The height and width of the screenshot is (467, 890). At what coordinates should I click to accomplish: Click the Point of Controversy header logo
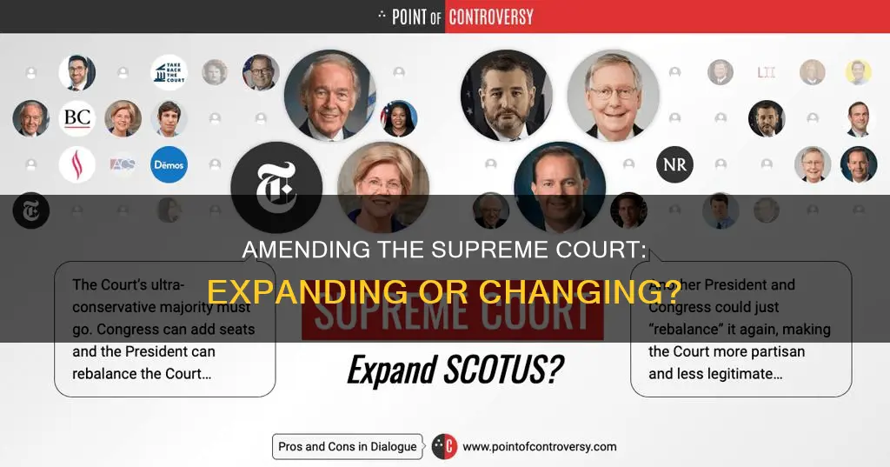[x=455, y=16]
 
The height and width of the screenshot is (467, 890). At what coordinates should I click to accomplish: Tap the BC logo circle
[x=77, y=118]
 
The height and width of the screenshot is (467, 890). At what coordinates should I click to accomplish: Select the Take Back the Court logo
[x=169, y=73]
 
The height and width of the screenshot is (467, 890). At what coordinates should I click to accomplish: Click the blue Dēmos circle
[x=169, y=164]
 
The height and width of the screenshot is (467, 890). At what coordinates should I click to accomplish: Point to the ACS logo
[x=123, y=164]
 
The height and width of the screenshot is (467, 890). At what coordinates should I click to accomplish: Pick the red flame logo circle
[x=77, y=164]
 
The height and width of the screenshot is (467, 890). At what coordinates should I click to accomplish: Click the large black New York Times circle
[x=276, y=187]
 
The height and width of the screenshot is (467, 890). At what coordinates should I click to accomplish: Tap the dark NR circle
[x=674, y=164]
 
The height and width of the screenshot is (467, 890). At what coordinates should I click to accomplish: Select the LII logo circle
[x=766, y=73]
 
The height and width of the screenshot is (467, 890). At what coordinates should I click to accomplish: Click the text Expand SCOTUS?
[x=454, y=370]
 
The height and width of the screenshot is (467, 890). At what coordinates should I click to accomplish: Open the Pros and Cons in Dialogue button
[x=347, y=446]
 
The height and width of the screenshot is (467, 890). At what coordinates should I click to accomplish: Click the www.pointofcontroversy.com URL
[x=539, y=446]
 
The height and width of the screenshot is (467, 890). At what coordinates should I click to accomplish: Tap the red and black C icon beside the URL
[x=444, y=446]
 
